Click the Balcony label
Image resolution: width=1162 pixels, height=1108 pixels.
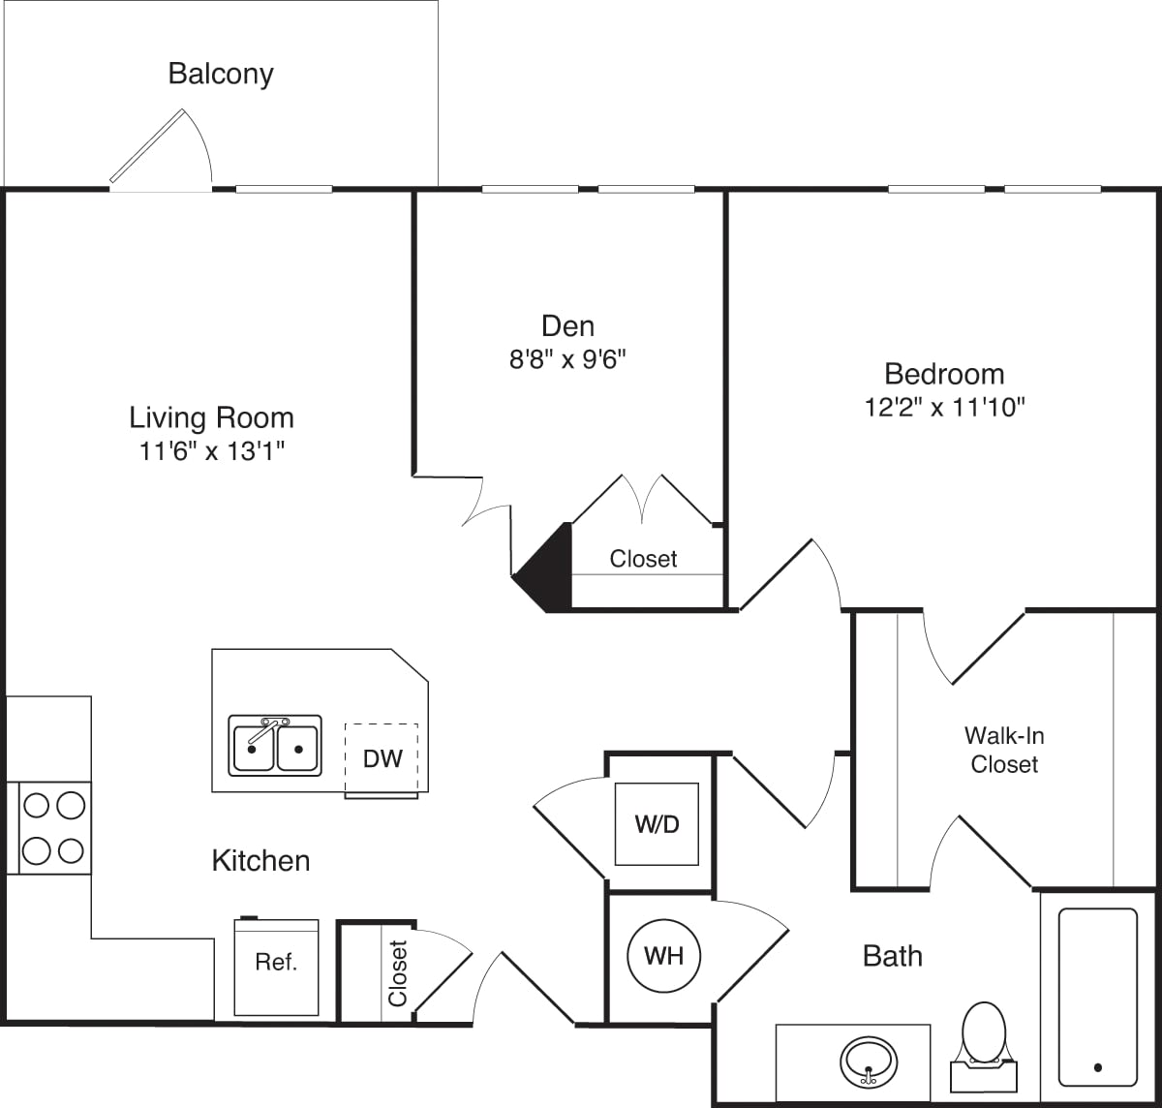click(221, 74)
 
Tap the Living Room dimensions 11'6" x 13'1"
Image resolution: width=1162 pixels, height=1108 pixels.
click(211, 450)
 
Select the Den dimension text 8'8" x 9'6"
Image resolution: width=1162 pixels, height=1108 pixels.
click(568, 359)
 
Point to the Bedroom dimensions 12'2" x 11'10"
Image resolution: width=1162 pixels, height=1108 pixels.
click(944, 407)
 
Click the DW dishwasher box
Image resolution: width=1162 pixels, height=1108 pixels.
click(382, 758)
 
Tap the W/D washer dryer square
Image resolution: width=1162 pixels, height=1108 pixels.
click(657, 824)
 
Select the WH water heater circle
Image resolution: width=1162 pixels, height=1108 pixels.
click(663, 956)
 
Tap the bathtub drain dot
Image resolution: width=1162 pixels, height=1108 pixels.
click(1097, 1067)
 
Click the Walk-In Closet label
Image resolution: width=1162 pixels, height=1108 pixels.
click(1004, 750)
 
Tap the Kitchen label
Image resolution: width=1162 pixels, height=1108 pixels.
click(260, 860)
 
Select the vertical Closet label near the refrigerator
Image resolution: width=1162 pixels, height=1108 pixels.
click(397, 972)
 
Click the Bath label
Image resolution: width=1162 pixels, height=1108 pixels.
click(892, 956)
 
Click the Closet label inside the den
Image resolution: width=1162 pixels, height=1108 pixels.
click(643, 559)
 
